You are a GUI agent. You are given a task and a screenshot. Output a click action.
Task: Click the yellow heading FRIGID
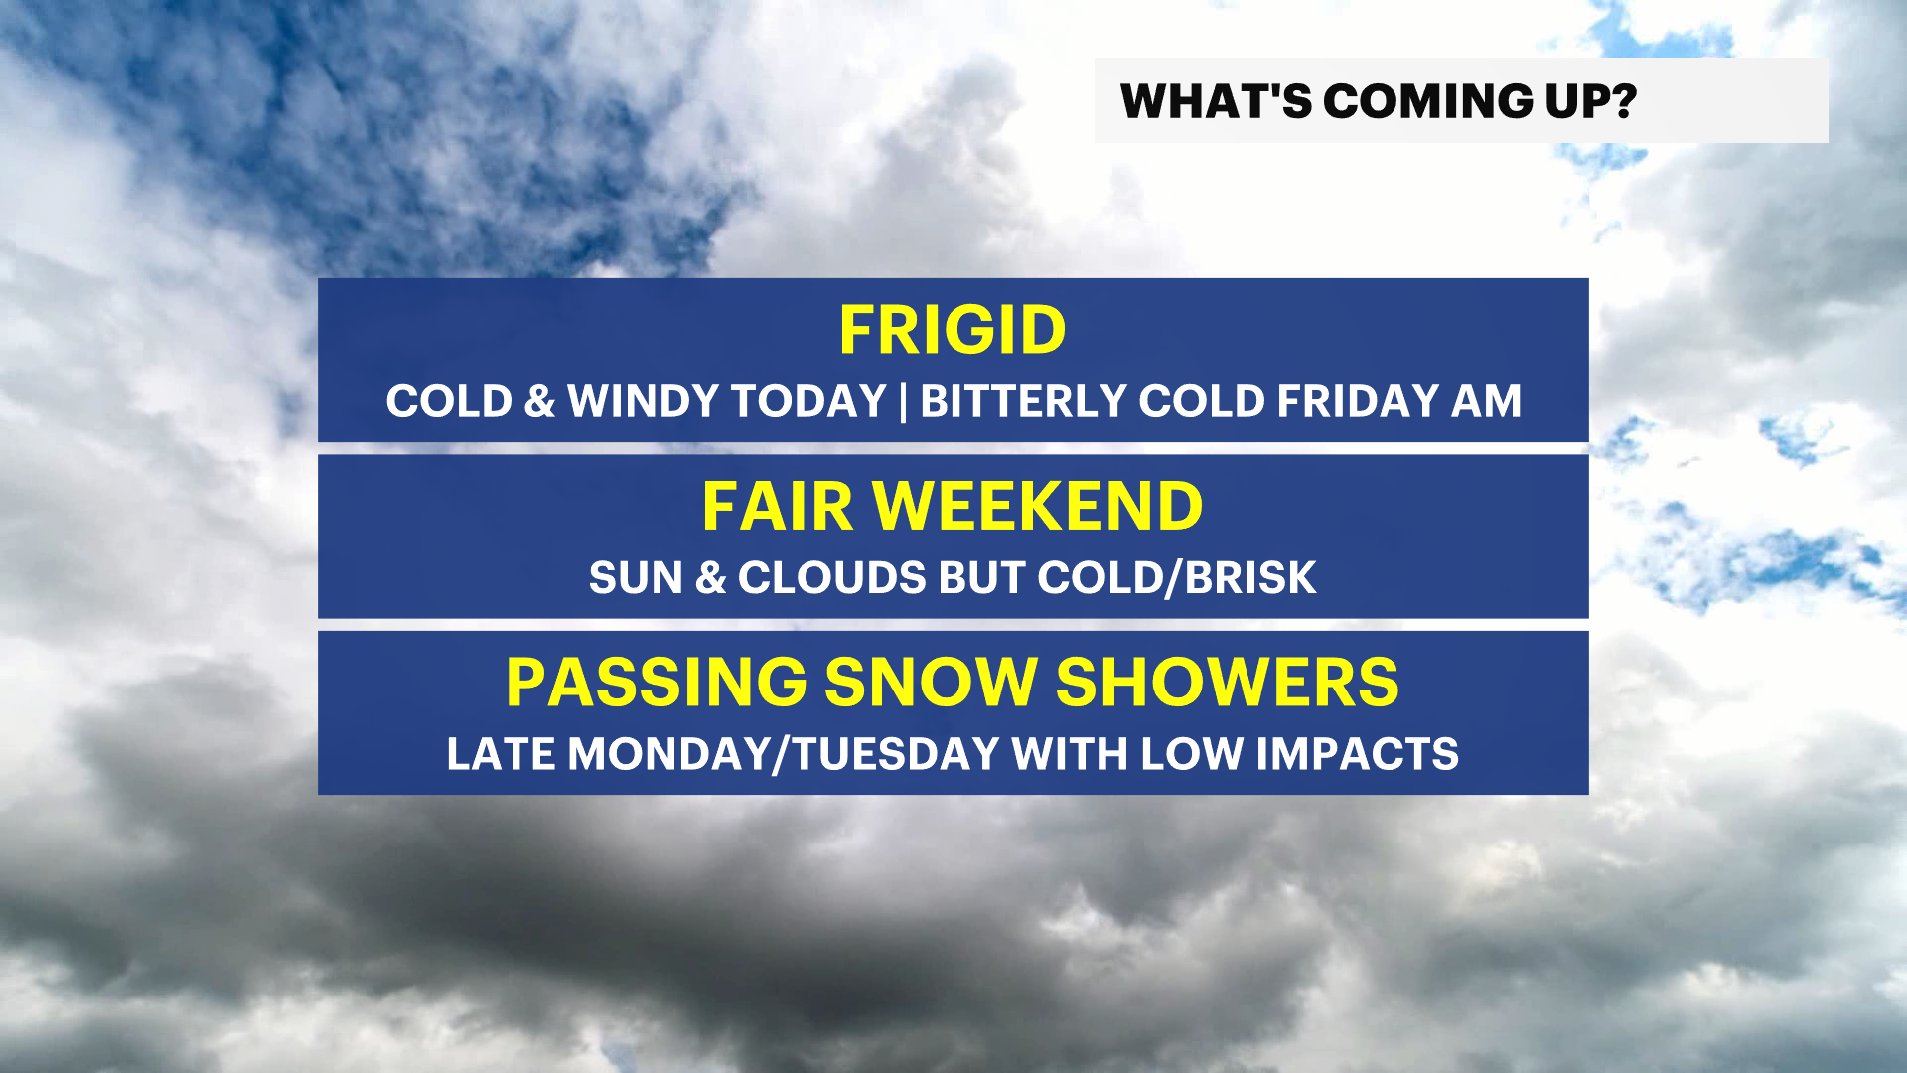pos(953,330)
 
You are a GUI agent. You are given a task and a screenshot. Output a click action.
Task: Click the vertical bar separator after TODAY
pos(903,402)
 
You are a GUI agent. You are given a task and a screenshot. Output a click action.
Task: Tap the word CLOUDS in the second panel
pos(831,578)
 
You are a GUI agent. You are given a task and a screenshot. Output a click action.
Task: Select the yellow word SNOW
pos(931,683)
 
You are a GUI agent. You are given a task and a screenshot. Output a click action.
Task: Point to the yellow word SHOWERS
pos(1227,683)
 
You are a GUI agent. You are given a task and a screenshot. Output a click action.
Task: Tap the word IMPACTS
pos(1357,754)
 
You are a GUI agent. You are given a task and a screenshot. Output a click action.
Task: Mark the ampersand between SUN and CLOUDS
pos(710,578)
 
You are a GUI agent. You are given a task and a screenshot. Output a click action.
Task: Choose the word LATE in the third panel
pos(501,754)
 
